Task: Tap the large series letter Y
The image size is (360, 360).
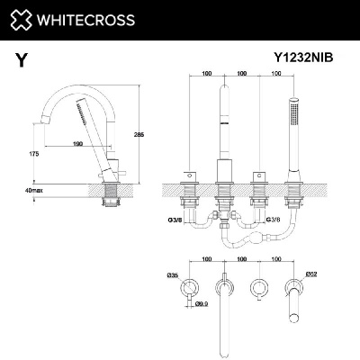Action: [x=21, y=60]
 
